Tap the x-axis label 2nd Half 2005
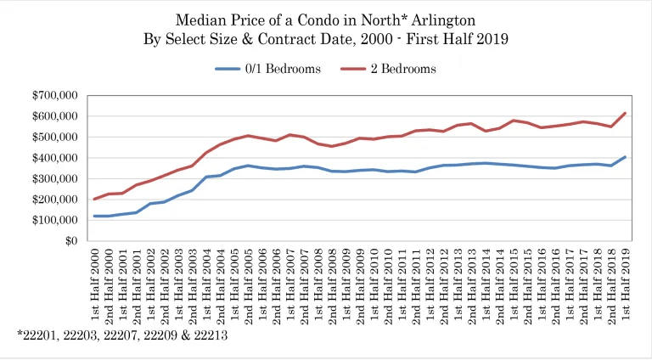(x=249, y=284)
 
